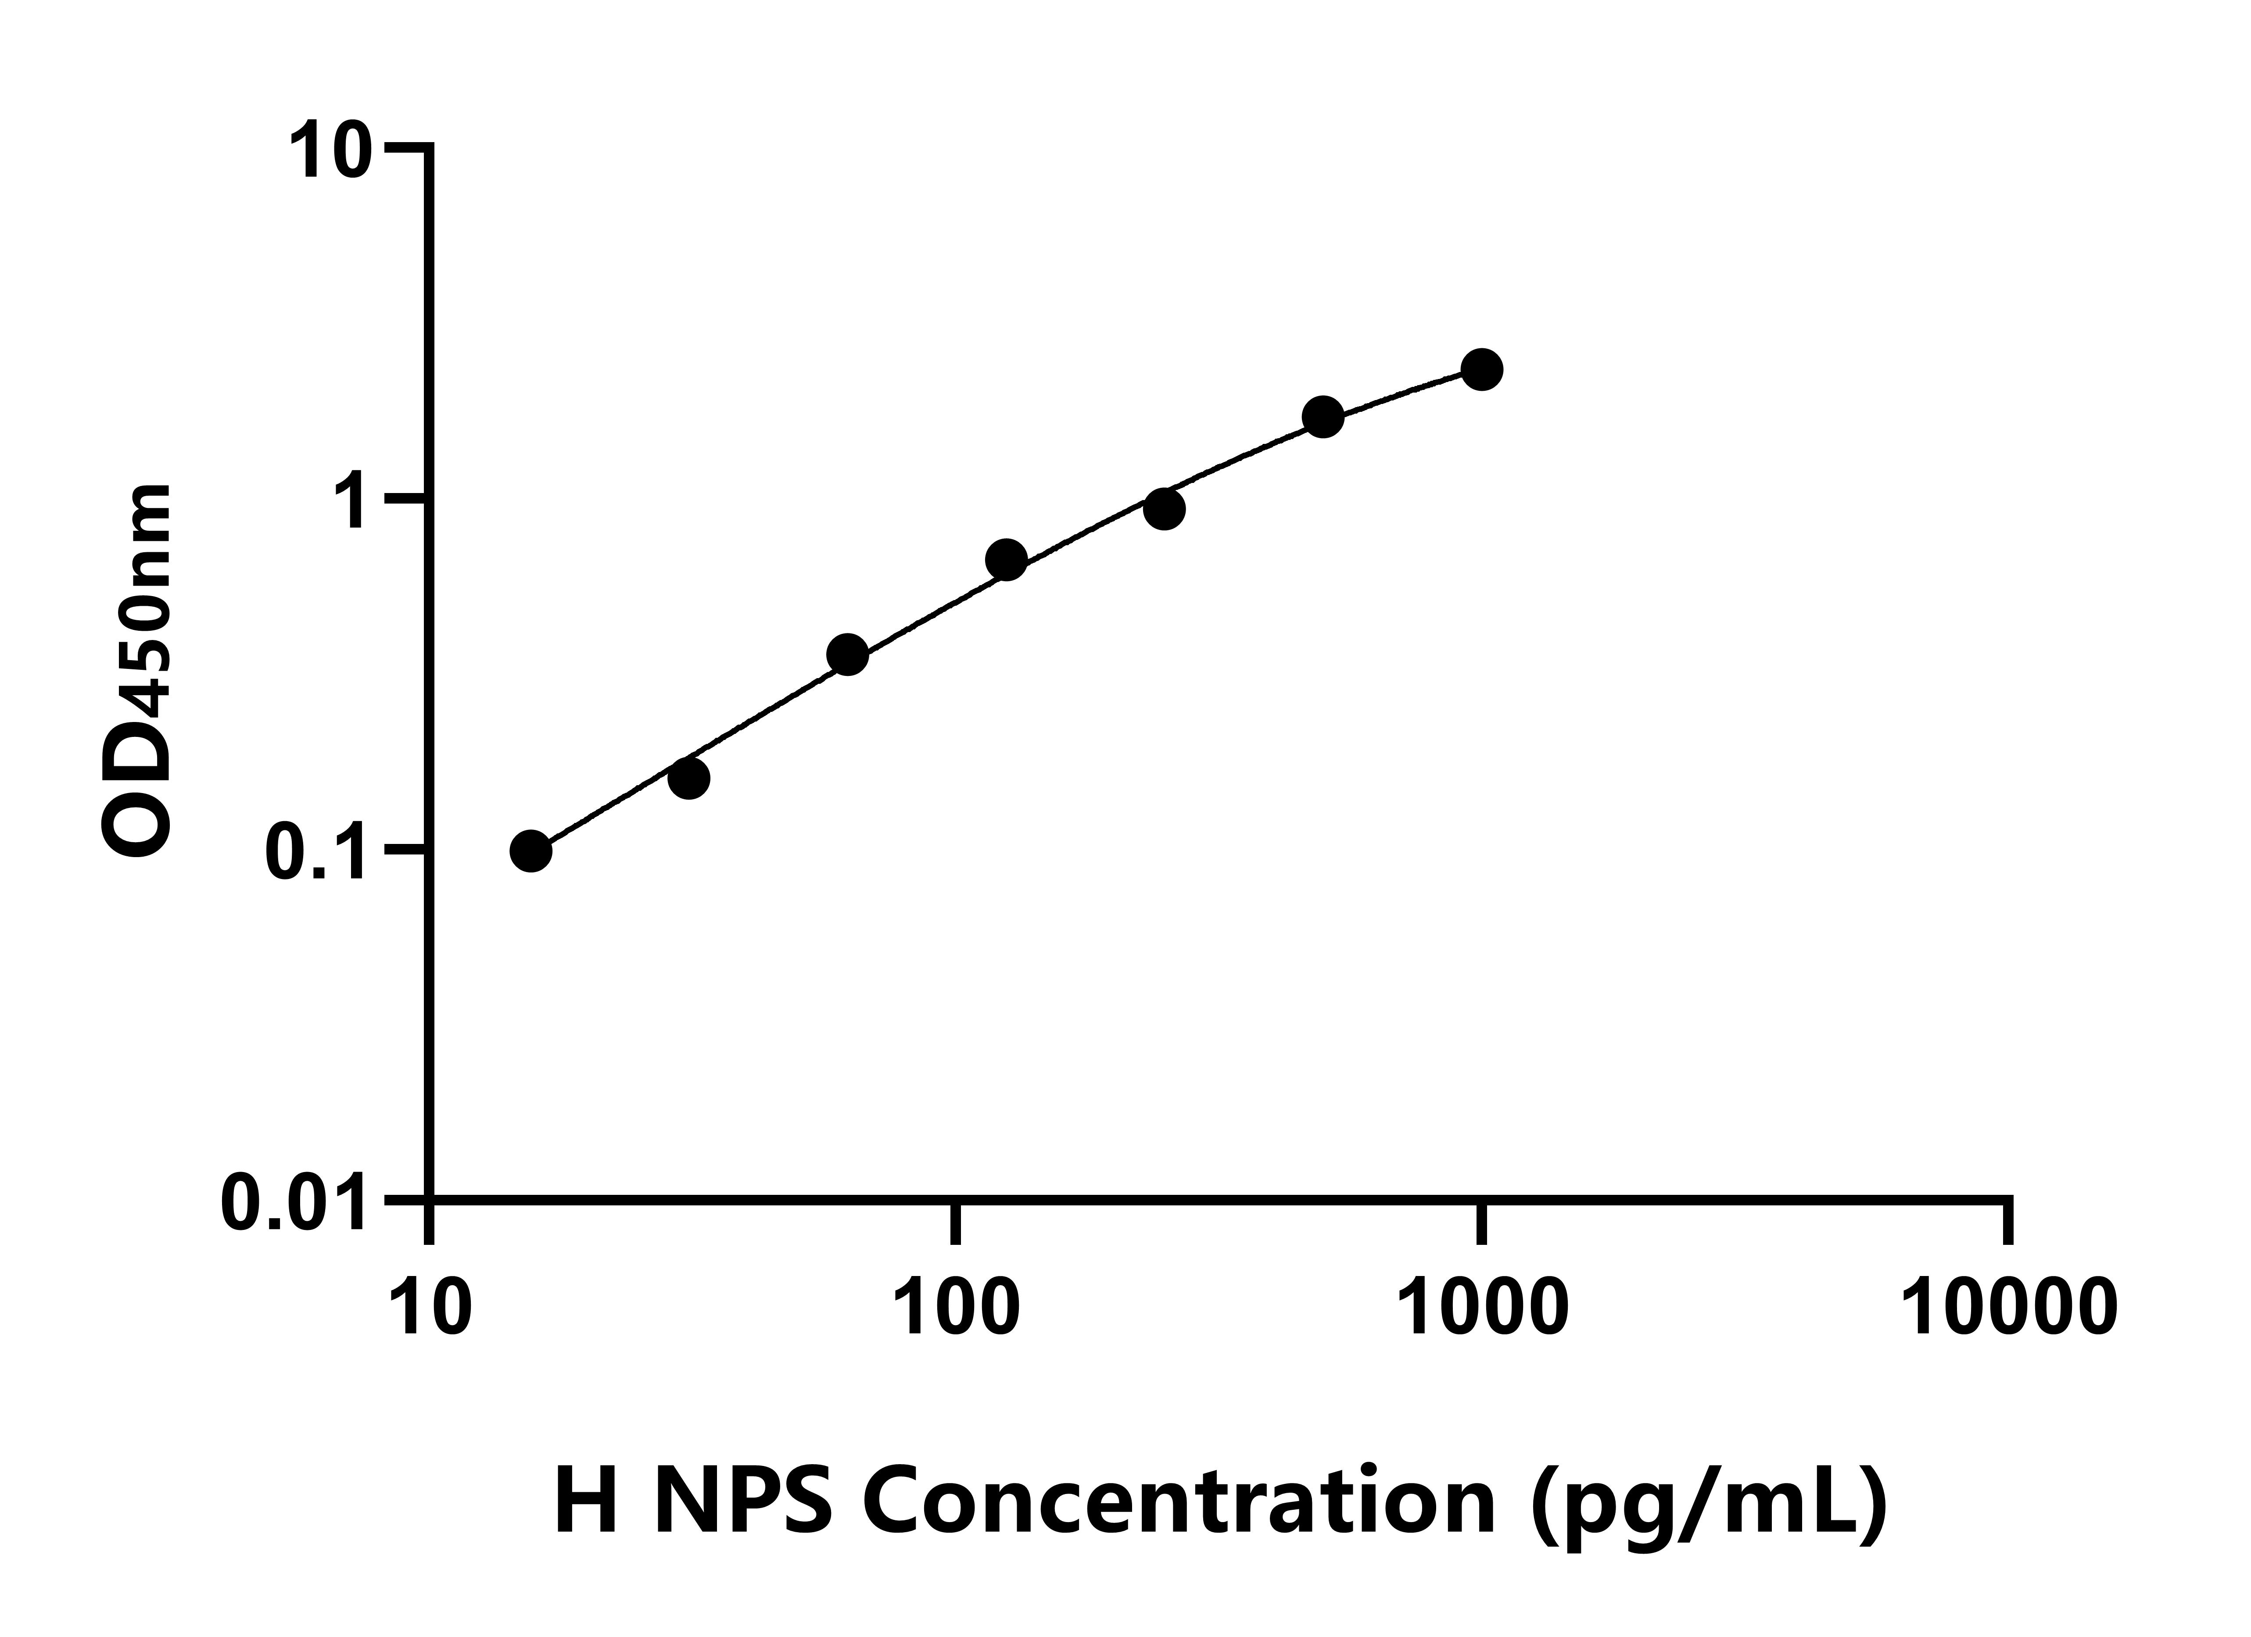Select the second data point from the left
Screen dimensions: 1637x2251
click(x=689, y=779)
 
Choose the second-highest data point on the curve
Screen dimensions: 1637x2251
click(x=1323, y=418)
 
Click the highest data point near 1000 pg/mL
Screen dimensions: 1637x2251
click(x=1482, y=370)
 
